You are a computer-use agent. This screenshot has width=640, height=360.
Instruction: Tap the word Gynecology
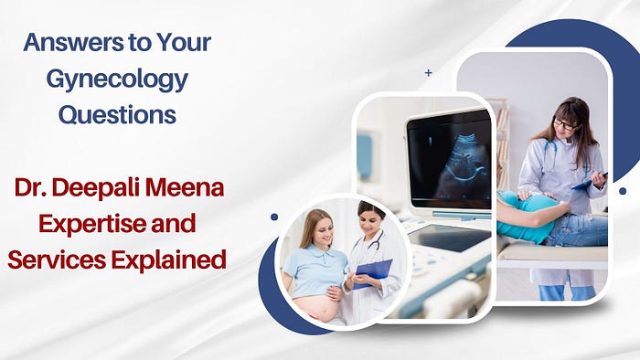tap(117, 80)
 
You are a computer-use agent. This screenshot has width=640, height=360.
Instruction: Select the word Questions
tap(118, 115)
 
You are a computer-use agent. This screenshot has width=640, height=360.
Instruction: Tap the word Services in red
tap(57, 259)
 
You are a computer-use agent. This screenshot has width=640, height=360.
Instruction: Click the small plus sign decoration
tap(428, 73)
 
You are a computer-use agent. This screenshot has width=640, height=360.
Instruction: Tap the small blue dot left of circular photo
tap(274, 217)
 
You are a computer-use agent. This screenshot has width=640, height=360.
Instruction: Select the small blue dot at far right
tap(623, 191)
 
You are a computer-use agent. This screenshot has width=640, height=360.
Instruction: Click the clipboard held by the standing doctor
tap(590, 182)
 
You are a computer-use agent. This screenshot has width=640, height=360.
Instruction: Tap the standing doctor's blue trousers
tap(567, 292)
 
